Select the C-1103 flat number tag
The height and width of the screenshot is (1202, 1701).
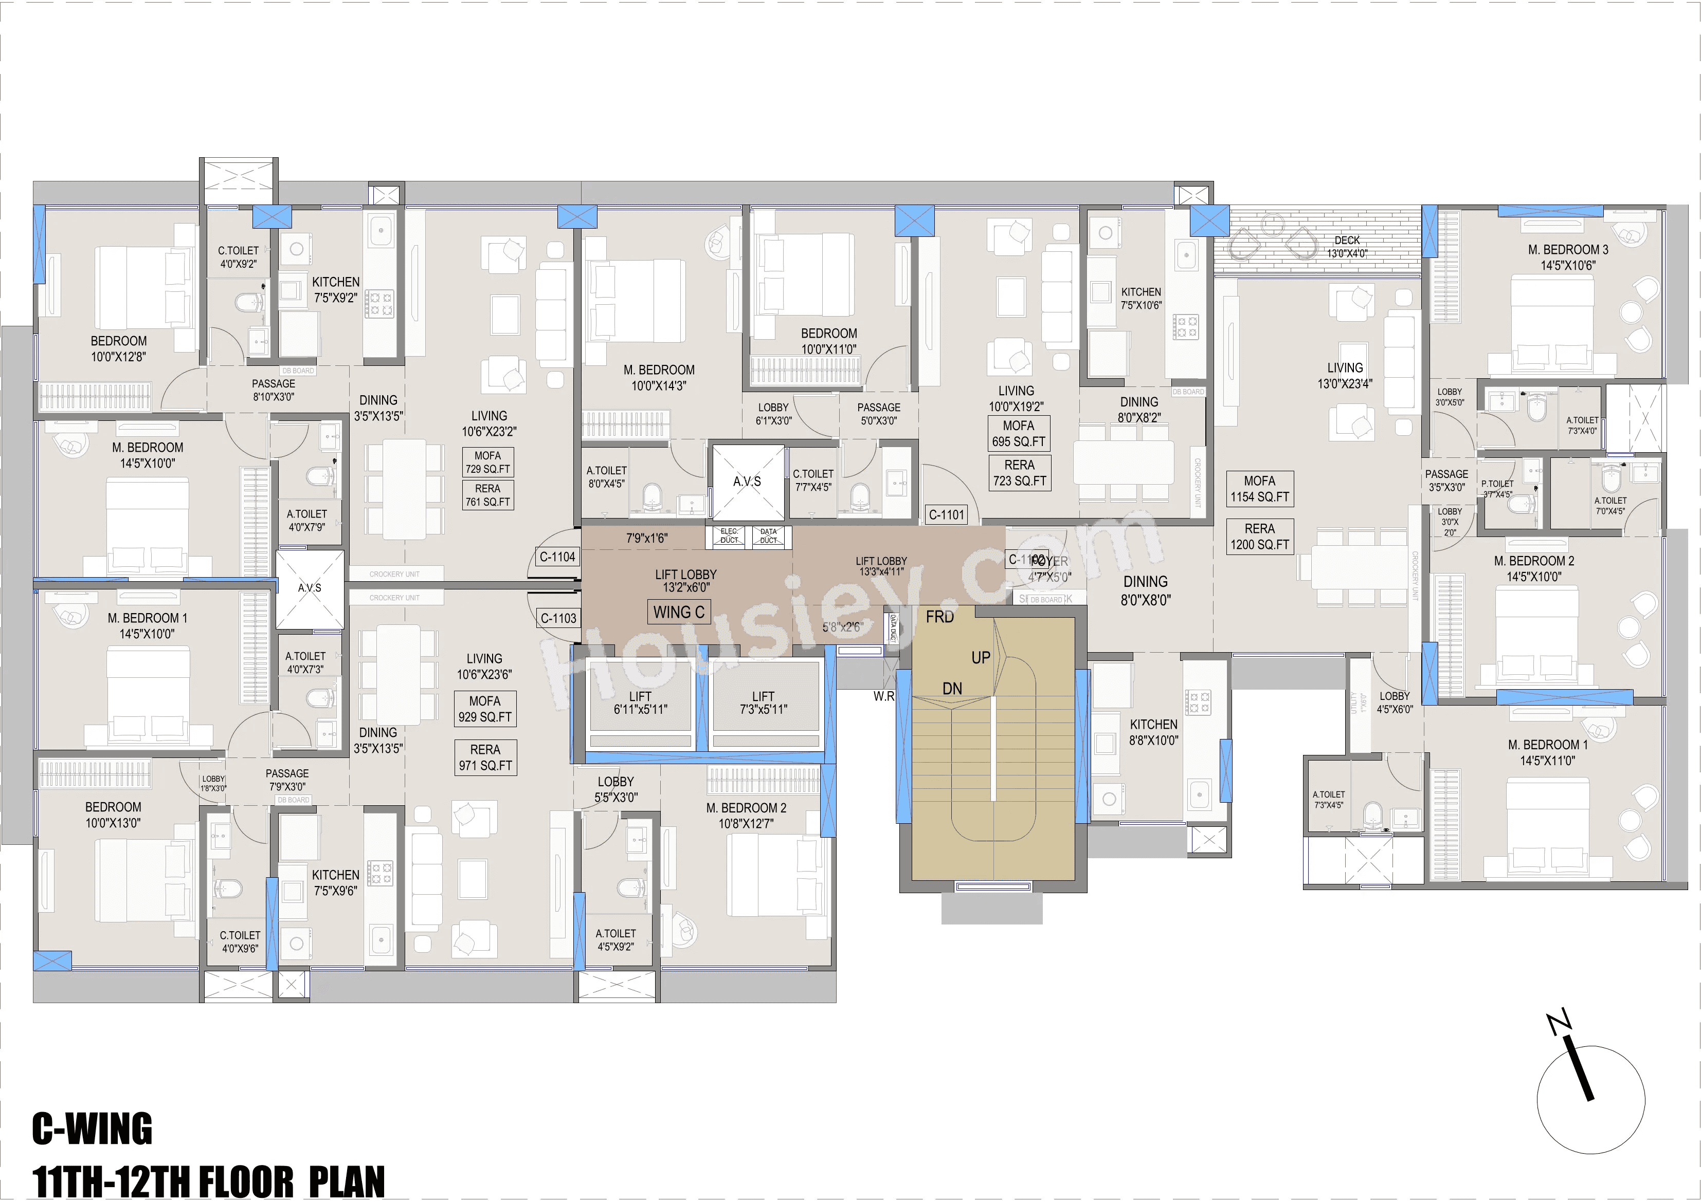click(x=558, y=618)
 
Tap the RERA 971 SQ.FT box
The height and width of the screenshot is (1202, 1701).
click(x=485, y=757)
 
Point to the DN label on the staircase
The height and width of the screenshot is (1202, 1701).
click(x=952, y=689)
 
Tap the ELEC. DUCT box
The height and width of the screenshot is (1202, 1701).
click(x=730, y=536)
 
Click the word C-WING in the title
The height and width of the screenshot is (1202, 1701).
click(x=92, y=1129)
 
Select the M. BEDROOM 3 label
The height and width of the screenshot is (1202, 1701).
click(x=1568, y=250)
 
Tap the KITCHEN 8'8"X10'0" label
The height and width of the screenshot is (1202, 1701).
click(x=1153, y=732)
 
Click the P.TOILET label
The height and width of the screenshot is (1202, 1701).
click(x=1498, y=484)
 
